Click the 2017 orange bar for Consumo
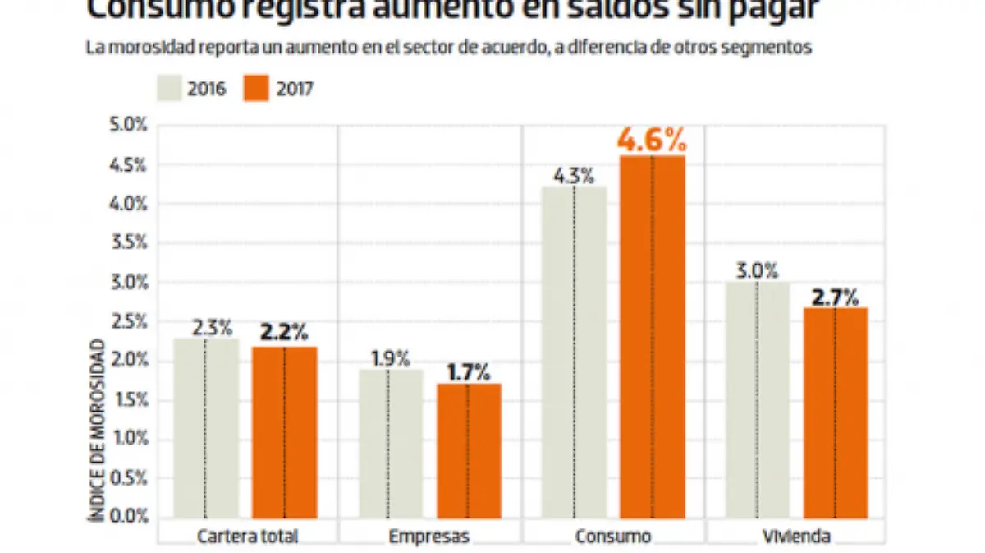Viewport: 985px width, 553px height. pyautogui.click(x=652, y=337)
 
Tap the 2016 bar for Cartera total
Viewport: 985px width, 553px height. pyautogui.click(x=206, y=428)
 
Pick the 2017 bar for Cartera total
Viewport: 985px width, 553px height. pyautogui.click(x=284, y=432)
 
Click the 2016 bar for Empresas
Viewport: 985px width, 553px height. pyautogui.click(x=391, y=444)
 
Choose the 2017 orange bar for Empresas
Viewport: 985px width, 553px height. pyautogui.click(x=468, y=451)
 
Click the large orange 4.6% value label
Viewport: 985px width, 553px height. pyautogui.click(x=652, y=141)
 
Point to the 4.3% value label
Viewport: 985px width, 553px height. pyautogui.click(x=575, y=174)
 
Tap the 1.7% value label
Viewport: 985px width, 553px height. pyautogui.click(x=468, y=372)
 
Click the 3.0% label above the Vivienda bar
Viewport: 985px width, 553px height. pyautogui.click(x=756, y=270)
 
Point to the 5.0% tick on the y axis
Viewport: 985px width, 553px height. pyautogui.click(x=129, y=126)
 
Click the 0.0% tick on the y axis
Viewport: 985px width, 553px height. pyautogui.click(x=129, y=517)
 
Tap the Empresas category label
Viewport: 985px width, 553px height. pyautogui.click(x=429, y=537)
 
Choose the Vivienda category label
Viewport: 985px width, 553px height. pyautogui.click(x=795, y=537)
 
